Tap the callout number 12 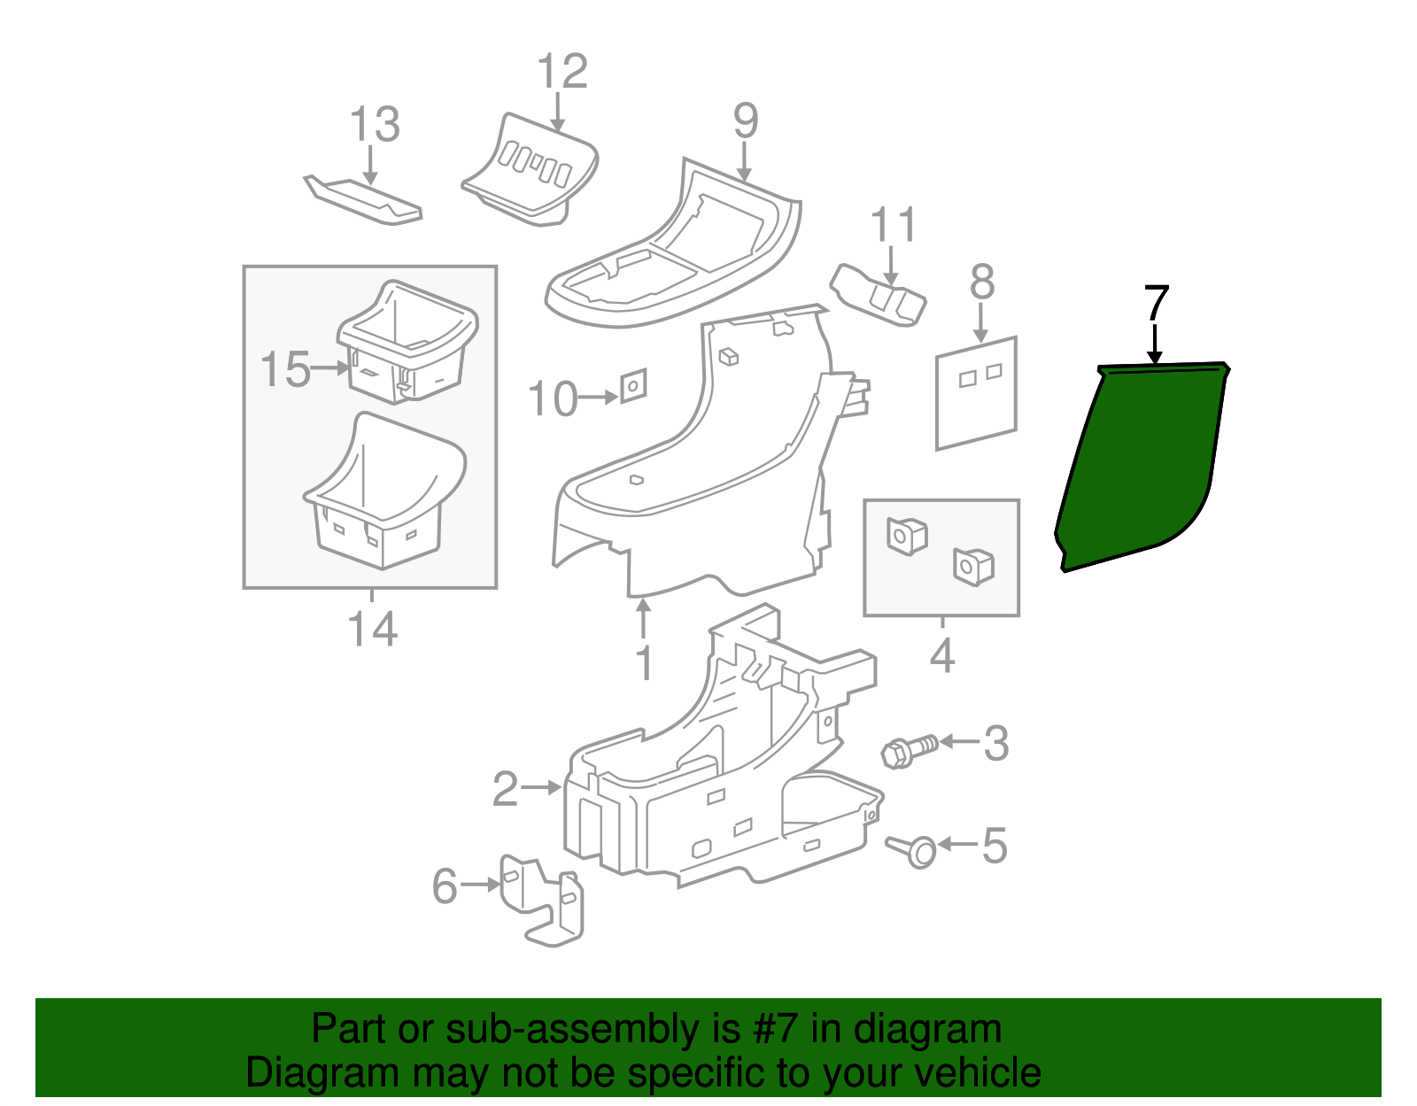[562, 71]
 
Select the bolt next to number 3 [909, 750]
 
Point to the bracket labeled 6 [542, 899]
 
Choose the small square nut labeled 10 [633, 386]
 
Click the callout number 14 [372, 630]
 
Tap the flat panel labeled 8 [976, 393]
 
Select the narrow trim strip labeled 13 [363, 200]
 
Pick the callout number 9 [746, 120]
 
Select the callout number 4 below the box [942, 656]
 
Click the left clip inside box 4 [906, 536]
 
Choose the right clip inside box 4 [973, 566]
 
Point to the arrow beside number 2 [541, 786]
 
